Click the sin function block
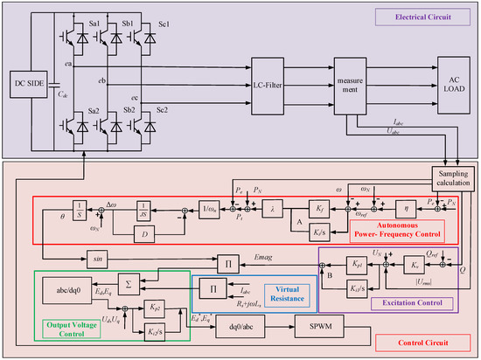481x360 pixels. (x=97, y=258)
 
